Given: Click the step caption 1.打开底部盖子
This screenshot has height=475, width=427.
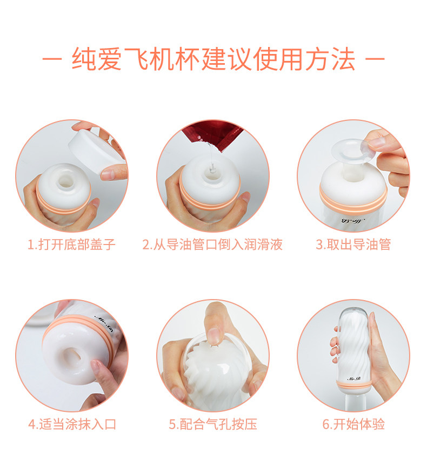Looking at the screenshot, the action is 71,245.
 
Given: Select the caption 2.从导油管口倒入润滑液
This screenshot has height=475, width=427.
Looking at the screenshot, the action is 212,245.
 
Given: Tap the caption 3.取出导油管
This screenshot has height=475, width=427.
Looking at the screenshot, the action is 353,245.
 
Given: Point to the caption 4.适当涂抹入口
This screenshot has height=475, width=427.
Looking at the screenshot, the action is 72,424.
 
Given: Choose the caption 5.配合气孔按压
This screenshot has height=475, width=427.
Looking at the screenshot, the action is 213,424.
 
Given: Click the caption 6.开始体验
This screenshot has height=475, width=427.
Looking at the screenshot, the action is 353,424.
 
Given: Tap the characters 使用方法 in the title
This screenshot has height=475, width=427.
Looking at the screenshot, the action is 304,59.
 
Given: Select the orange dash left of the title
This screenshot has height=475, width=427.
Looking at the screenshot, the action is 52,58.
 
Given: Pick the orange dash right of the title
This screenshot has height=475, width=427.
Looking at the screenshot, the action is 375,58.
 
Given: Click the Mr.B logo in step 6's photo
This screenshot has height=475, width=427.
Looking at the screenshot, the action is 353,379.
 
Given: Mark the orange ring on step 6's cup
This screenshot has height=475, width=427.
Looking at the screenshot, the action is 353,385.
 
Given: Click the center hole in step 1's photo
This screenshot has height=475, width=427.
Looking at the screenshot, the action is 65,181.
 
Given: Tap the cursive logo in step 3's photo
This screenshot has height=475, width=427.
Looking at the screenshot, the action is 353,220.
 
